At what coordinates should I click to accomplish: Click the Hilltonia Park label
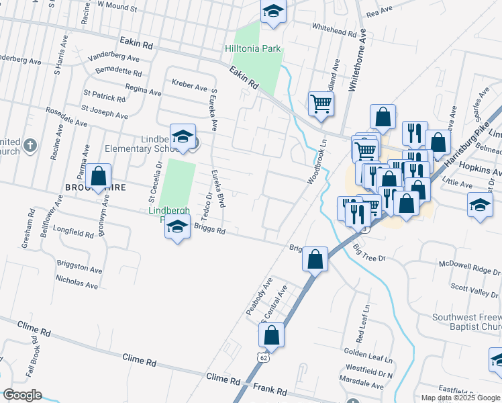[x=252, y=49]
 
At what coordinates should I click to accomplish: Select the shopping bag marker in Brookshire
[x=99, y=177]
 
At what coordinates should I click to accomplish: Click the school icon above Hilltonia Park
[x=273, y=11]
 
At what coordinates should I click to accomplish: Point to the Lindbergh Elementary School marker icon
[x=183, y=137]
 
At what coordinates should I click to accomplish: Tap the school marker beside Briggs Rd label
[x=177, y=228]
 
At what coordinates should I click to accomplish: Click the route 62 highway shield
[x=262, y=359]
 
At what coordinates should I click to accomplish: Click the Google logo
[x=22, y=394]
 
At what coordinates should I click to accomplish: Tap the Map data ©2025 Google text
[x=460, y=398]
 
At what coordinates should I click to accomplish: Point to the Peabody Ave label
[x=259, y=296]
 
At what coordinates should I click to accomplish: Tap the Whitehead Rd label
[x=334, y=32]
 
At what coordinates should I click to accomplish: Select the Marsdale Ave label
[x=361, y=386]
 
